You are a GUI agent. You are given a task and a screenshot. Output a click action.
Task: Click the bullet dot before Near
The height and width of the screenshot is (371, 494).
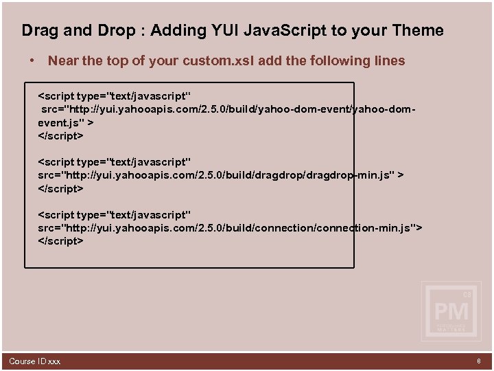(32, 61)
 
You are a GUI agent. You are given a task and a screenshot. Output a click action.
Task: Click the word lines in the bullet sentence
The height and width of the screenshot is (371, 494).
(388, 61)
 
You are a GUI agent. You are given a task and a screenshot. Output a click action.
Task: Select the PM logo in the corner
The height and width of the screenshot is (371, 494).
(451, 311)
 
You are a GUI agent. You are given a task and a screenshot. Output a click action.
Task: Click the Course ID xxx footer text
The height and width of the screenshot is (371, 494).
(34, 361)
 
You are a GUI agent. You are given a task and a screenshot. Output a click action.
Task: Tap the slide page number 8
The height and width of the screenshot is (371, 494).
(479, 361)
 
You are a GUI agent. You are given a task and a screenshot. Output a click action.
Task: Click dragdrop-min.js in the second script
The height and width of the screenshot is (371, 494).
(347, 175)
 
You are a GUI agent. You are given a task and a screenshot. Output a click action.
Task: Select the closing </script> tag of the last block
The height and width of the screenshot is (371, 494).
(60, 241)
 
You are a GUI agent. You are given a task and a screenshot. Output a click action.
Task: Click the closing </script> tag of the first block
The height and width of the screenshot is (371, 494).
(60, 135)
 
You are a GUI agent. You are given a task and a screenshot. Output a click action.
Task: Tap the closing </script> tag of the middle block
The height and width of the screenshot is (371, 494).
(60, 188)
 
